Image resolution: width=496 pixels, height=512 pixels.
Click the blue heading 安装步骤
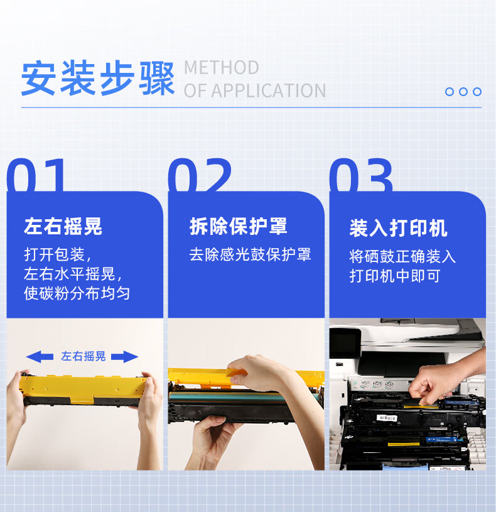98,78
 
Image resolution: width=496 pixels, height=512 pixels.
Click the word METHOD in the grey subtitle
222,68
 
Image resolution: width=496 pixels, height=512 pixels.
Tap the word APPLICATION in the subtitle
269,90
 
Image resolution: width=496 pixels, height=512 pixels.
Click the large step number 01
36,175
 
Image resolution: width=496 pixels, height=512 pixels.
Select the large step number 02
200,175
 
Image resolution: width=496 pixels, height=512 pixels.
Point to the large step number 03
361,175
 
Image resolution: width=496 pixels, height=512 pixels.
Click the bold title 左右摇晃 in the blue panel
63,226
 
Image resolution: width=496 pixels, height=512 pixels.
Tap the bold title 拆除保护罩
238,226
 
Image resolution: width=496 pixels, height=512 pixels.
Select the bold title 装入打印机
398,228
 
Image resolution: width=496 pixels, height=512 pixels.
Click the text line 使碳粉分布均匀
77,293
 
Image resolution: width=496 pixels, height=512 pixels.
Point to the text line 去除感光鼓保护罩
251,254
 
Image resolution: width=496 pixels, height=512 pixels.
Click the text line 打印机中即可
395,276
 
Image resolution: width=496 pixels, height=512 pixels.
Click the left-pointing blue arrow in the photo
40,357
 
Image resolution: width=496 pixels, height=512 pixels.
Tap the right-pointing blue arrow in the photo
125,357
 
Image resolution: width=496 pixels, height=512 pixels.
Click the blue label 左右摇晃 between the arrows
84,356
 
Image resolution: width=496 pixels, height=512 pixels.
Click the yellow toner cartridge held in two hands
84,390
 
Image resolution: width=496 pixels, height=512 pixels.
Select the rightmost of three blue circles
477,92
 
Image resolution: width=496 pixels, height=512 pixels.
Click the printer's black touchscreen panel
345,343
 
